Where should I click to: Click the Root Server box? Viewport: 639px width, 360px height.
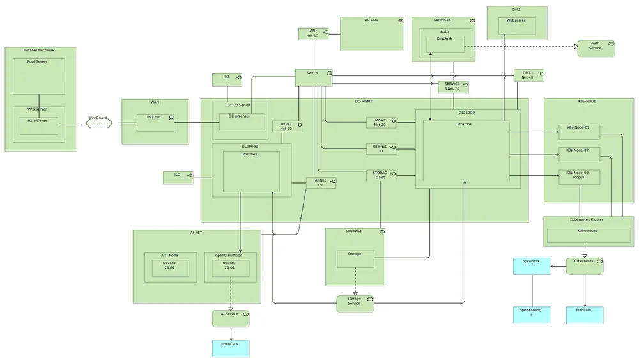click(38, 75)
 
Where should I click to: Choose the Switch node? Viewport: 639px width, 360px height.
click(314, 77)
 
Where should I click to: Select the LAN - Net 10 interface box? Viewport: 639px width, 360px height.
click(313, 33)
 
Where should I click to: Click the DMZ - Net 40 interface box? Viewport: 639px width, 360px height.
click(528, 75)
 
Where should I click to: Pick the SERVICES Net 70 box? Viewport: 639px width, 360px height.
click(453, 87)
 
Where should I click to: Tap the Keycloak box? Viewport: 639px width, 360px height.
click(445, 44)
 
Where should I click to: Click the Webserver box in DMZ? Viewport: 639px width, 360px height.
click(517, 26)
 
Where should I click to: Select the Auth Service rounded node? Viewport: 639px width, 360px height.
click(596, 48)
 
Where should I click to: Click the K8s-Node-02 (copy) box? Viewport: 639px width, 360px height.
click(579, 176)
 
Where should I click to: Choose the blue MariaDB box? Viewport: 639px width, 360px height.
click(584, 315)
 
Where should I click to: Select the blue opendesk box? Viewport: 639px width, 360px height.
click(532, 266)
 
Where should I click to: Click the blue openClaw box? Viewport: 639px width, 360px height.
click(231, 348)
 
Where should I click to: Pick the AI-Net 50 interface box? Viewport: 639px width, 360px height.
click(321, 183)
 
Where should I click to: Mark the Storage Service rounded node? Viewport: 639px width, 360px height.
click(355, 303)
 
